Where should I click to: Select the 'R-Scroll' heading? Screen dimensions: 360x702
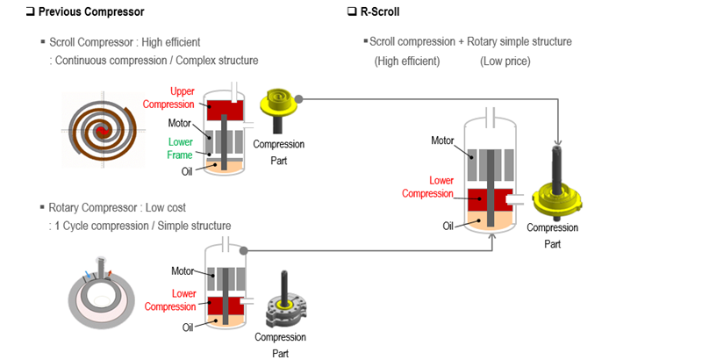pos(379,11)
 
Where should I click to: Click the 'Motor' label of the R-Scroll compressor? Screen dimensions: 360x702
pos(442,140)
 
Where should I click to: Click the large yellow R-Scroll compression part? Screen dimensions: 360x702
pos(559,195)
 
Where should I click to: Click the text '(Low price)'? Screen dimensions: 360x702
pos(505,61)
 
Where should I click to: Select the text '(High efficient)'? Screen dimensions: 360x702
pos(406,61)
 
